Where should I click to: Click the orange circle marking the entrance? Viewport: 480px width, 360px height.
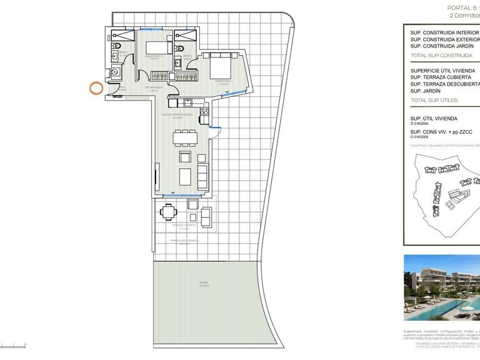click(96, 88)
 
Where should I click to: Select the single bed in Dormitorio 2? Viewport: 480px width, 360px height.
click(158, 47)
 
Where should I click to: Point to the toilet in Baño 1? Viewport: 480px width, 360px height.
click(181, 47)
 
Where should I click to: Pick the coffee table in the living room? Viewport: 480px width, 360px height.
click(186, 176)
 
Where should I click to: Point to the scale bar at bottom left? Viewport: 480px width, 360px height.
click(12, 343)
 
